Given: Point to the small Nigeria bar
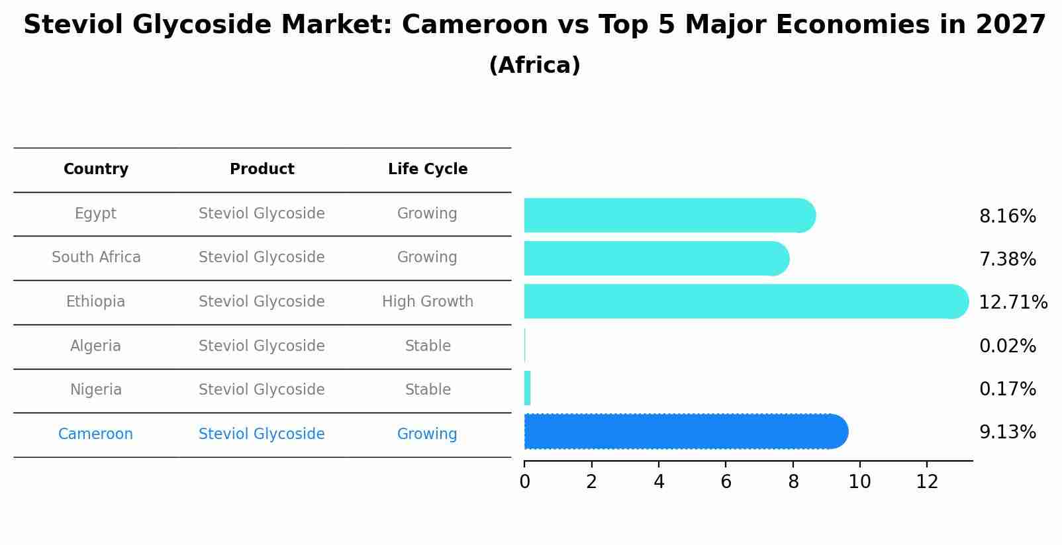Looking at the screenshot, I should tap(527, 388).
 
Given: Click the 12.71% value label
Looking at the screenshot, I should tap(1012, 303).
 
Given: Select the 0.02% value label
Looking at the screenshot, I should tap(1007, 346).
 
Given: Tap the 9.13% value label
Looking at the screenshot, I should tap(1007, 432).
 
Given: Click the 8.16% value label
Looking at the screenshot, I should tap(1007, 217).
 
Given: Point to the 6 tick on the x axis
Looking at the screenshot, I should tap(726, 482).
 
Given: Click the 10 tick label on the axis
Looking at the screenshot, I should tap(859, 482).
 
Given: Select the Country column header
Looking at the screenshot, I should tap(96, 170).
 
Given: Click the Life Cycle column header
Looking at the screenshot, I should tap(428, 170).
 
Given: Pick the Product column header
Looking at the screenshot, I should tap(262, 170).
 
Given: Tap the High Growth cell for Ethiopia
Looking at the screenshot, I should tap(428, 302).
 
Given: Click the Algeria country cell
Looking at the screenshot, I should tap(96, 346).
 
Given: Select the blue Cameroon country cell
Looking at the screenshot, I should tap(96, 434).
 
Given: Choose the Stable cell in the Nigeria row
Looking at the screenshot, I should tap(428, 390).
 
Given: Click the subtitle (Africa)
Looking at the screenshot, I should tap(534, 66).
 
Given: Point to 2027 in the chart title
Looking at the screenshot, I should tap(1010, 25).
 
